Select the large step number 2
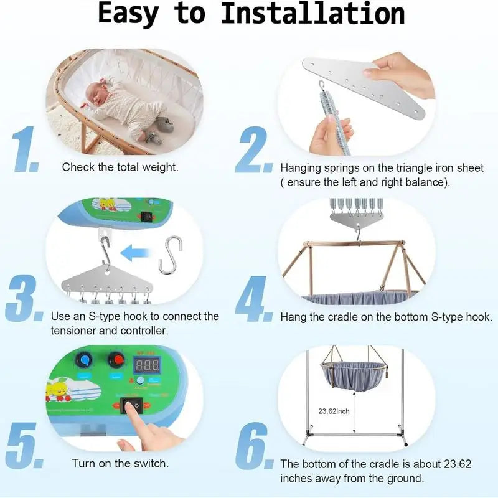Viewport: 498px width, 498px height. (254, 150)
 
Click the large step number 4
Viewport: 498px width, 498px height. (254, 300)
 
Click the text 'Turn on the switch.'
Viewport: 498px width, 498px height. (120, 463)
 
